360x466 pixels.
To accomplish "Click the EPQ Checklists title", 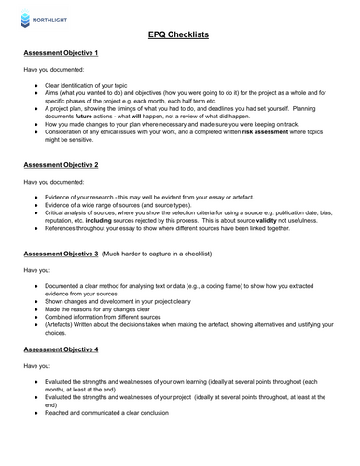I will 179,34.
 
